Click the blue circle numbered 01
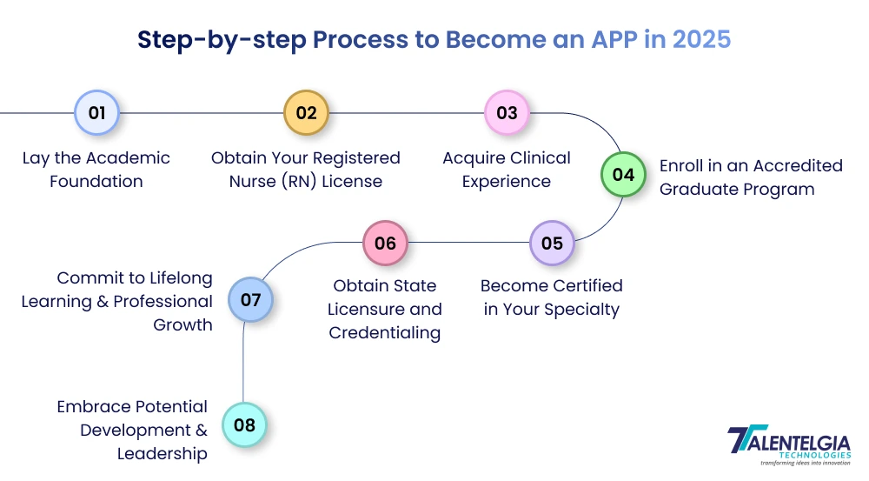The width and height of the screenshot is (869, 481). (96, 113)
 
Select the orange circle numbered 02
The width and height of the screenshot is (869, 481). (306, 113)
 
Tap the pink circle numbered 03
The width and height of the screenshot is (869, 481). (507, 113)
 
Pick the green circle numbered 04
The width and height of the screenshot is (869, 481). (624, 174)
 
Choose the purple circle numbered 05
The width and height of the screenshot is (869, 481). (552, 244)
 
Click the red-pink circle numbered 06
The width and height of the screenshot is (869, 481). (385, 244)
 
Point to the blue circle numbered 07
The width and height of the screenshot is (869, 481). (250, 301)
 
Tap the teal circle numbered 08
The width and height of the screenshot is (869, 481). (244, 425)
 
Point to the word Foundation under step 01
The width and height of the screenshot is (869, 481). (96, 182)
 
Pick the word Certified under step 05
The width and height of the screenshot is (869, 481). (583, 285)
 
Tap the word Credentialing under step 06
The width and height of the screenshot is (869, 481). (385, 333)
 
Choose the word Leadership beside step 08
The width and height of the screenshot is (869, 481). (163, 453)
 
